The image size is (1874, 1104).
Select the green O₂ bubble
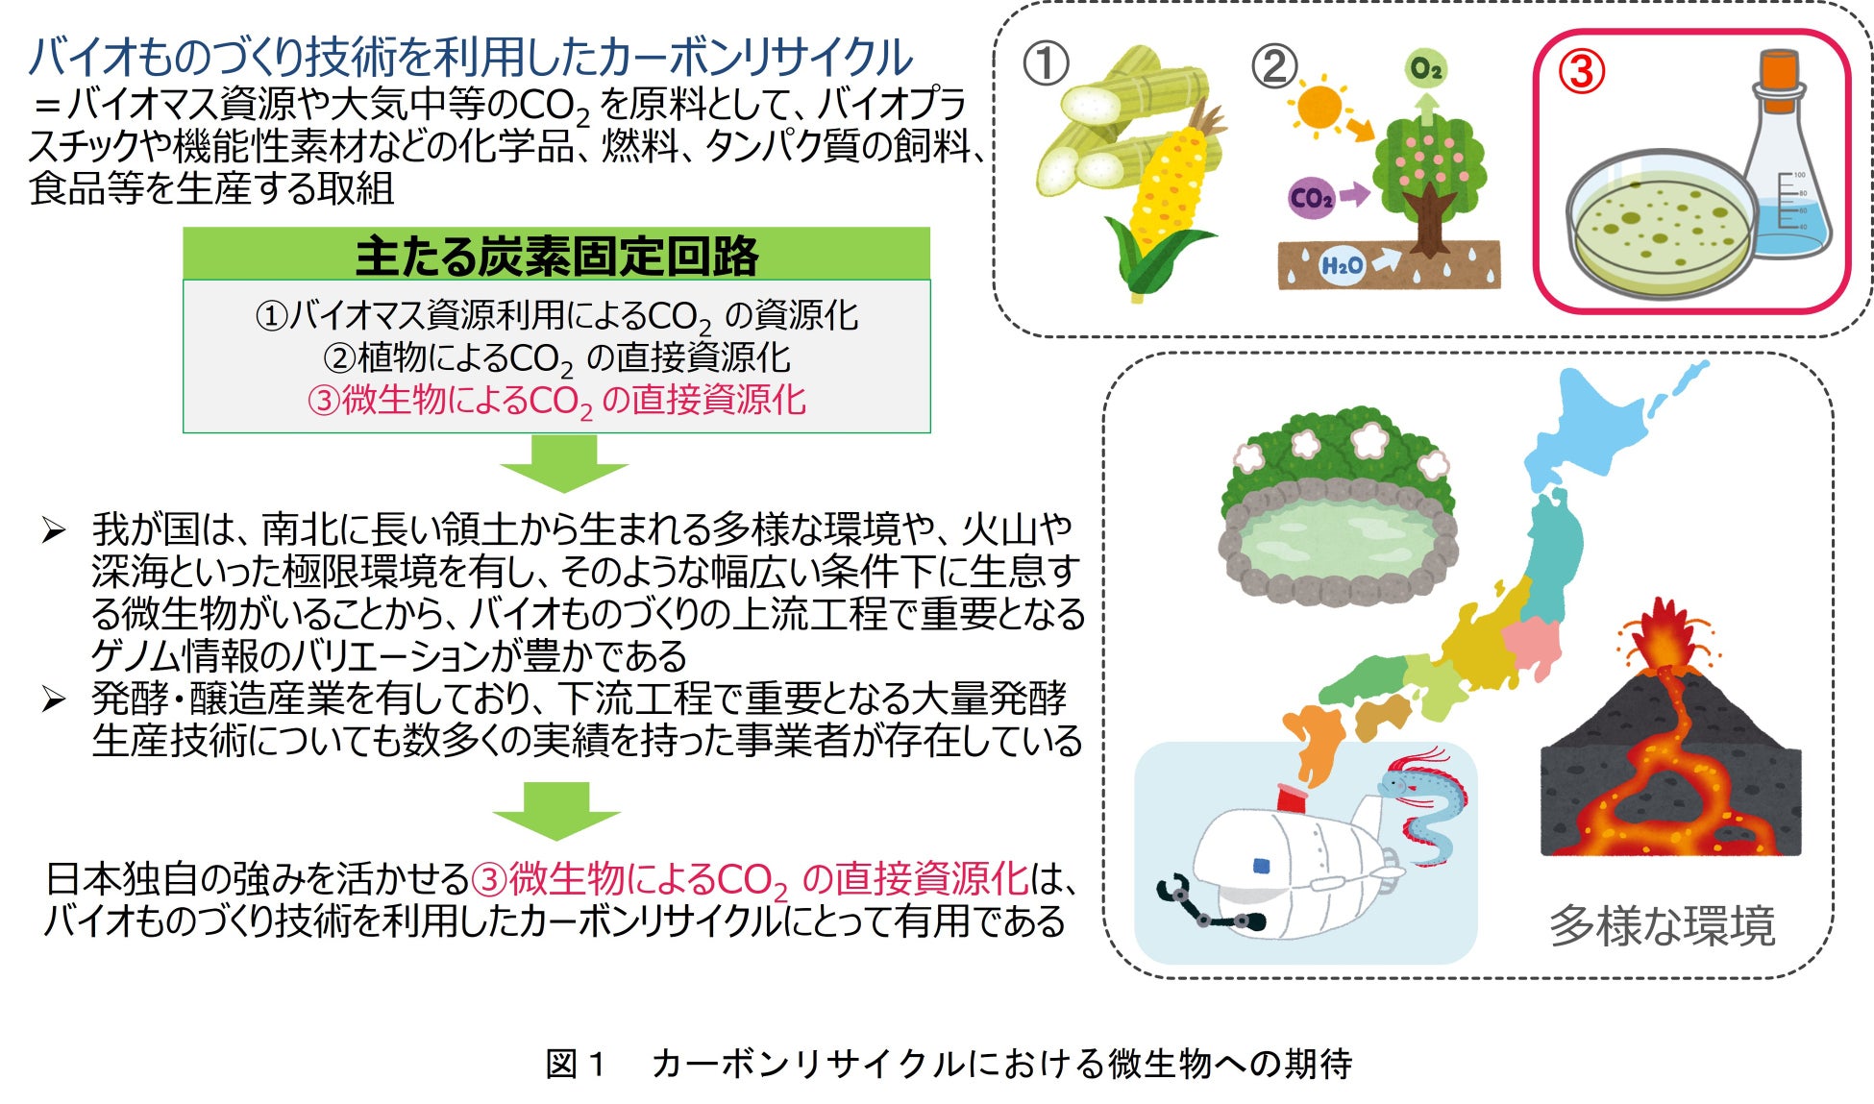click(1425, 69)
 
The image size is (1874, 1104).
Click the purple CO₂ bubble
click(1311, 198)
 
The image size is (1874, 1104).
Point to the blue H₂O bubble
click(1342, 265)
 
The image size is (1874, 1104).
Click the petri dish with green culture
click(1657, 226)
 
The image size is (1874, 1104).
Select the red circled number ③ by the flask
click(1580, 71)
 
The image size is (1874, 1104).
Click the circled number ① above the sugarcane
click(1046, 65)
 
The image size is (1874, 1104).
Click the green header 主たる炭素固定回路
click(556, 255)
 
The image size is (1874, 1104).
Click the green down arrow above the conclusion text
click(556, 810)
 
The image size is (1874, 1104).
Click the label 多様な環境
click(1662, 925)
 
